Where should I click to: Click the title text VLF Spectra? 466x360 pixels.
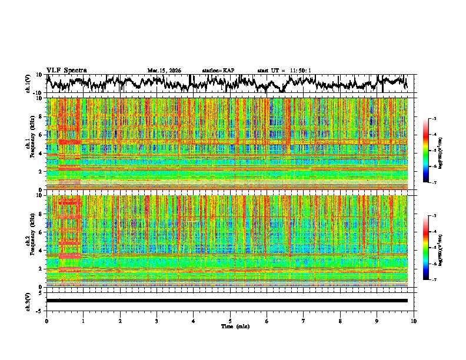point(66,70)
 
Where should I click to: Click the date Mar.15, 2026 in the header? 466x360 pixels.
point(164,71)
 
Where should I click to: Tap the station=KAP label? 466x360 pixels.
point(218,71)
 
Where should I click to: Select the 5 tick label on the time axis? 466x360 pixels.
point(230,321)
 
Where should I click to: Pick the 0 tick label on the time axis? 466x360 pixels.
point(46,321)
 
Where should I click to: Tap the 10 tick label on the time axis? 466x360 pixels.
point(414,321)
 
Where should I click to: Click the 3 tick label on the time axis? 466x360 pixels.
point(157,321)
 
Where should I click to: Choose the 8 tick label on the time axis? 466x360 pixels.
point(340,321)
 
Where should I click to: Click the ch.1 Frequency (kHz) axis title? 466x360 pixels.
point(29,140)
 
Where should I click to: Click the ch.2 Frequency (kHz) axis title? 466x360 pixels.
point(29,238)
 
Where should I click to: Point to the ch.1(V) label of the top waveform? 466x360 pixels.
point(29,84)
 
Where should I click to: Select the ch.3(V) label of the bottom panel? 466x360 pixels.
point(29,301)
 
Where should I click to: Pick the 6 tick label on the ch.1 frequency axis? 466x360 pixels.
point(41,135)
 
